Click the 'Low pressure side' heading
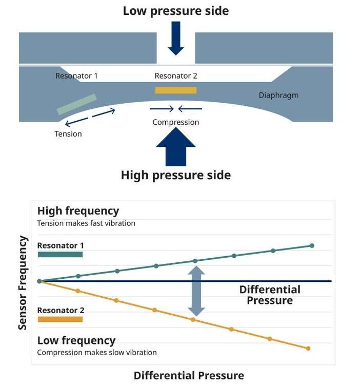click(x=176, y=11)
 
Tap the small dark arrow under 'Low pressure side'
click(x=176, y=38)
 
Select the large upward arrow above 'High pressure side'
click(x=176, y=147)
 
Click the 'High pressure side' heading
click(x=176, y=176)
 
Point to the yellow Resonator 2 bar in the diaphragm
click(x=176, y=90)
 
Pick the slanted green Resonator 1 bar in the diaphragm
click(x=76, y=104)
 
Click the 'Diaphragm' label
click(x=278, y=95)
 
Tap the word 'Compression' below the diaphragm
click(x=175, y=122)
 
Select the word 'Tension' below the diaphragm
click(x=68, y=134)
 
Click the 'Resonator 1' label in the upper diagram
click(x=76, y=76)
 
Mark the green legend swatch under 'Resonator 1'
click(x=60, y=255)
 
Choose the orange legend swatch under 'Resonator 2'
click(x=60, y=319)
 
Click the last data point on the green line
click(x=312, y=245)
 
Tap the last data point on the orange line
click(x=308, y=349)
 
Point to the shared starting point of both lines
click(x=39, y=281)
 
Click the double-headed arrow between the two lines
click(x=196, y=291)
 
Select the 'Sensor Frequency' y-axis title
click(x=23, y=283)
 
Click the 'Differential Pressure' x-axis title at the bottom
click(x=189, y=375)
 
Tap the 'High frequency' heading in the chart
click(x=78, y=211)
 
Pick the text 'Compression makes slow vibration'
click(x=97, y=352)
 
